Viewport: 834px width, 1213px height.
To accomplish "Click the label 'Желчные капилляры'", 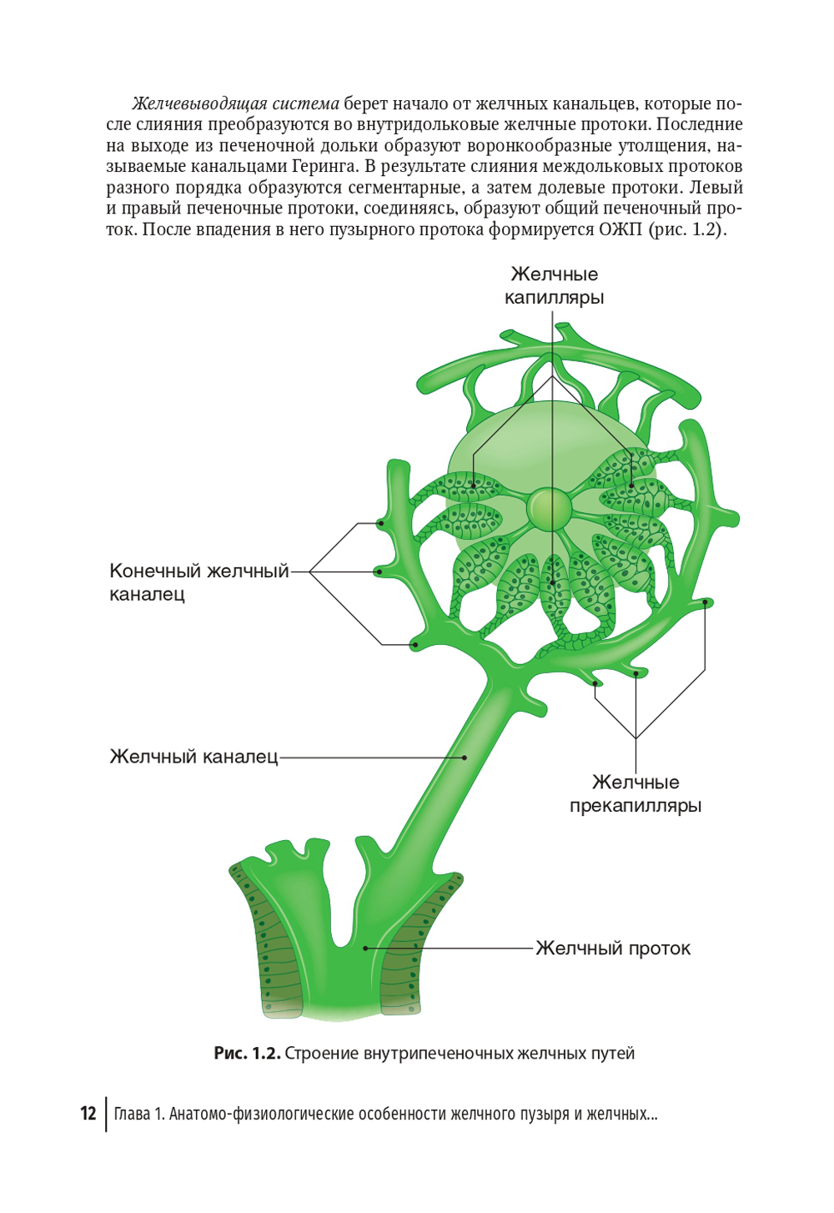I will point(554,285).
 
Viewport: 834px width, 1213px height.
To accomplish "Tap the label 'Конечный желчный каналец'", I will point(198,582).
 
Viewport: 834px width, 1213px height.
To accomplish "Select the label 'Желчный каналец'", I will point(193,757).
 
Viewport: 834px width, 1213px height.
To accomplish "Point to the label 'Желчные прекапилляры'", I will point(636,793).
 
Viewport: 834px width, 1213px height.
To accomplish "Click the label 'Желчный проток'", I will point(613,949).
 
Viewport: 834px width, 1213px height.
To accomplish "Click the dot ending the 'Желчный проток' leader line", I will point(365,949).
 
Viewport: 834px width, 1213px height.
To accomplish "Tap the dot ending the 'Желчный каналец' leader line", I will point(465,757).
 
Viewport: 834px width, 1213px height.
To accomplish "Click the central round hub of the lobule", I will point(549,507).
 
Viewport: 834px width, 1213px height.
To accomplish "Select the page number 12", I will point(88,1114).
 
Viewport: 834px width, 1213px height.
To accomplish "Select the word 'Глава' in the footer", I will point(132,1114).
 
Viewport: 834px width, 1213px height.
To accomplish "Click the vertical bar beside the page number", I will point(106,1114).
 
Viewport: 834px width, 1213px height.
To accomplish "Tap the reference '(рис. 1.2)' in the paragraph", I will point(687,229).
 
